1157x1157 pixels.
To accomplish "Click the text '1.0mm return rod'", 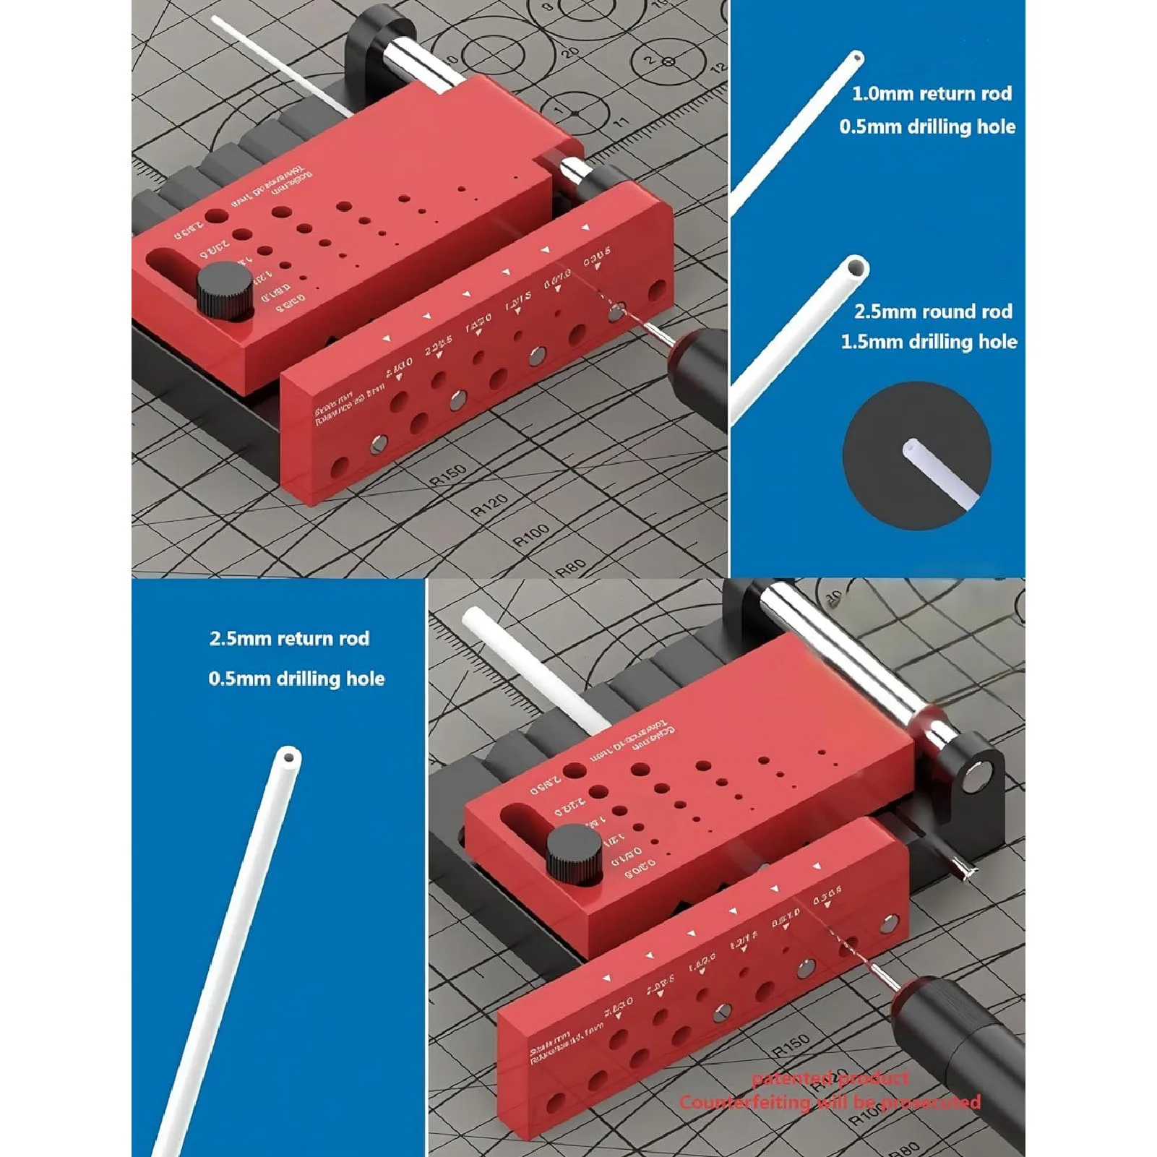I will point(932,93).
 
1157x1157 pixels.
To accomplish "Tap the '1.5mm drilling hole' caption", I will point(929,342).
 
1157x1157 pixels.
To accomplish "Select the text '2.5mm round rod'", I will point(933,311).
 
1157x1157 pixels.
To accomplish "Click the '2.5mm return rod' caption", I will point(289,639).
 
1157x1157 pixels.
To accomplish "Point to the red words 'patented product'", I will point(830,1079).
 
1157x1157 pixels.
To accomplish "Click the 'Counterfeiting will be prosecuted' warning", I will point(830,1103).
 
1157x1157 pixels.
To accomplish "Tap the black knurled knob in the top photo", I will point(225,291).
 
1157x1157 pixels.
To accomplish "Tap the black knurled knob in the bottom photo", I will point(575,855).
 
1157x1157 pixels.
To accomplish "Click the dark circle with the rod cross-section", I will point(916,456).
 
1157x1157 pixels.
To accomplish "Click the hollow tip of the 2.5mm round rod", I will point(856,267).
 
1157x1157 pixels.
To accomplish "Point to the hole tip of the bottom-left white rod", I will point(289,758).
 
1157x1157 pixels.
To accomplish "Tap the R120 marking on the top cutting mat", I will point(489,505).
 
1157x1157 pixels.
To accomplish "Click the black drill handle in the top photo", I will point(697,376).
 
